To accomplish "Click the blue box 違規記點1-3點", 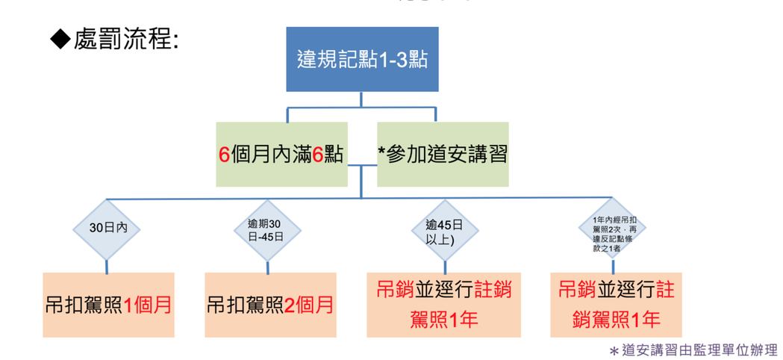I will (361, 60).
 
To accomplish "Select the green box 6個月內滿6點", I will (281, 154).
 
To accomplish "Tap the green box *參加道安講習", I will (443, 154).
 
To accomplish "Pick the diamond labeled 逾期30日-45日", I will (265, 228).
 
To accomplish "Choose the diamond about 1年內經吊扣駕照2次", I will (611, 228).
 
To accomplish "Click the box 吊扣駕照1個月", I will (108, 305).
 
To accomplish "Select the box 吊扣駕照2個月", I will (269, 305).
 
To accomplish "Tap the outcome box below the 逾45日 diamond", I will (444, 305).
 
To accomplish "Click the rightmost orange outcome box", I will (616, 305).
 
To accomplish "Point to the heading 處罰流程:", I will (126, 40).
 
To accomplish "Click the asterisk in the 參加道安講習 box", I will (382, 152).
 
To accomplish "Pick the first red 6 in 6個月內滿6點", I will (223, 155).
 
